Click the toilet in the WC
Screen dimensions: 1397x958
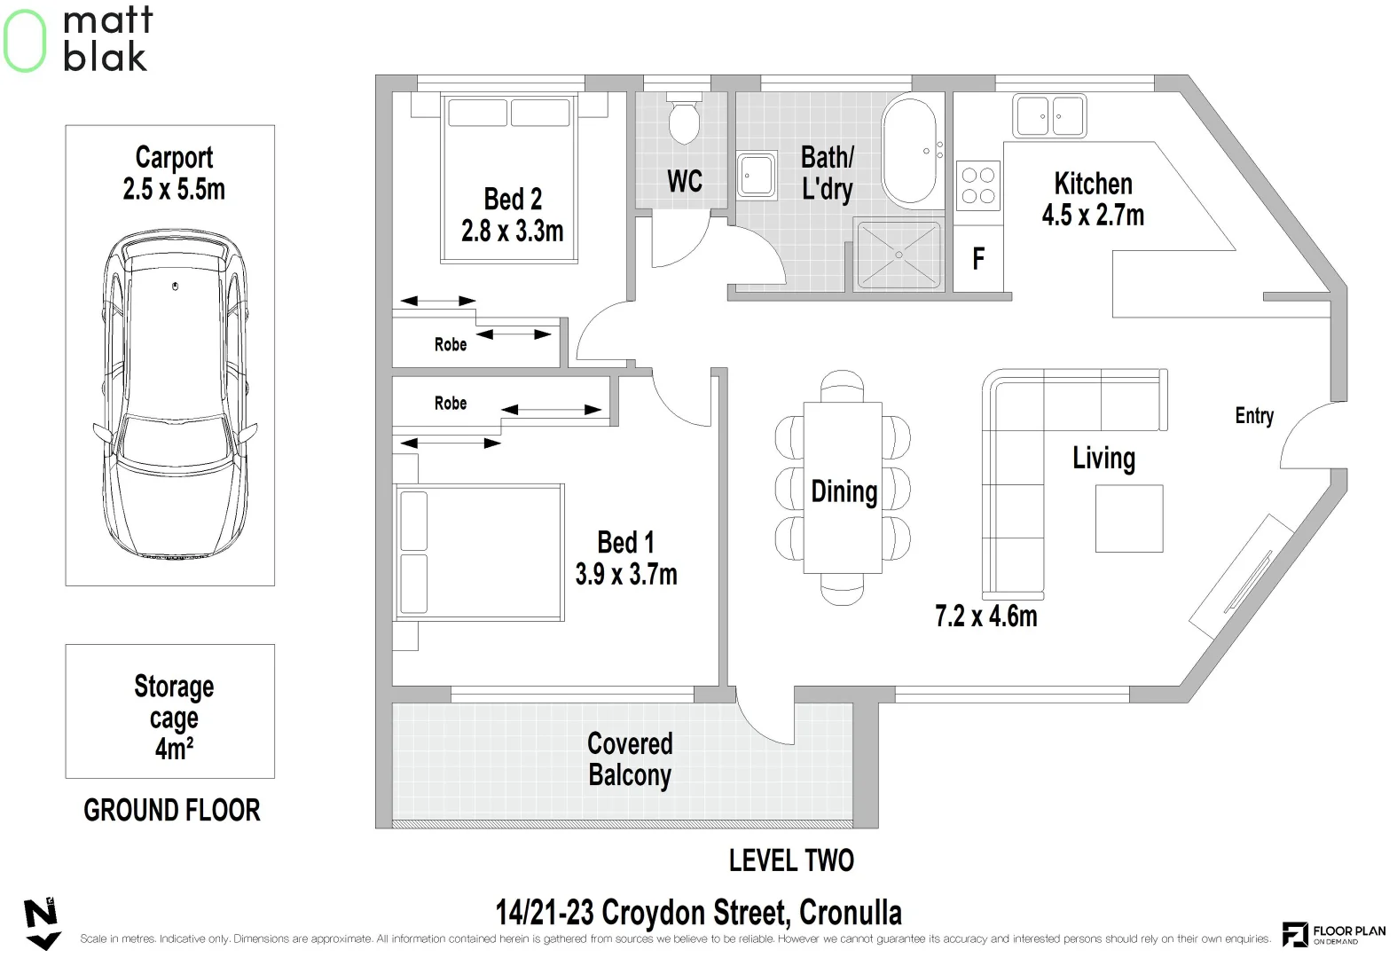click(684, 119)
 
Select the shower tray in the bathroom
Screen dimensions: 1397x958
click(899, 255)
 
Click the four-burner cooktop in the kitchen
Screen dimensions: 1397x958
click(977, 185)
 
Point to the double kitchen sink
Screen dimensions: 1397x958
click(1049, 116)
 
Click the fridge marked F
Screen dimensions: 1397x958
click(977, 258)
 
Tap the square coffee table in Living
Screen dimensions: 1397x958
click(1129, 518)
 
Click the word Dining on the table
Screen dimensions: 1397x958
click(844, 492)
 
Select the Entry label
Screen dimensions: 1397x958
click(1254, 416)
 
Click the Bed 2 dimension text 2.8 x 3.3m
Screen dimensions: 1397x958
click(512, 232)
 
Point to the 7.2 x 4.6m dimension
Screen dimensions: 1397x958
click(986, 616)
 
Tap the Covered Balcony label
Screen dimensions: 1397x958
click(630, 759)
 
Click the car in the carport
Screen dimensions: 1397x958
click(175, 394)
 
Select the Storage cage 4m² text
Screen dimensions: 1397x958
click(174, 717)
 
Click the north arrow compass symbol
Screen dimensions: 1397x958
click(42, 923)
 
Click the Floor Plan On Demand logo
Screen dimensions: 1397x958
click(1333, 934)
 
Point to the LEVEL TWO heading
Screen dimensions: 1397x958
click(791, 860)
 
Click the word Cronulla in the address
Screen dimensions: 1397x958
click(851, 913)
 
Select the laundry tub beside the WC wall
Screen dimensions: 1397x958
click(757, 176)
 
